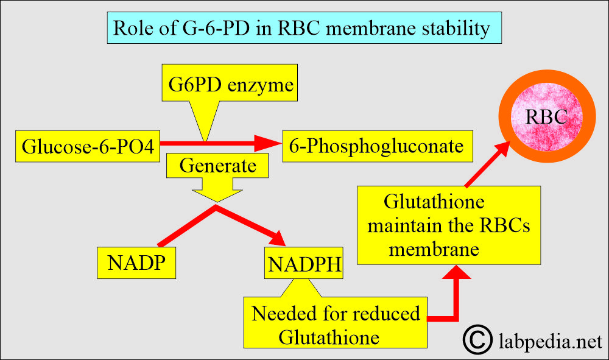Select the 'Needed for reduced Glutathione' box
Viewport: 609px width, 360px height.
336,324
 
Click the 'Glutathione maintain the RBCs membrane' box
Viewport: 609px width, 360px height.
448,225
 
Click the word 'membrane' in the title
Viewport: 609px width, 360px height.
360,29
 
